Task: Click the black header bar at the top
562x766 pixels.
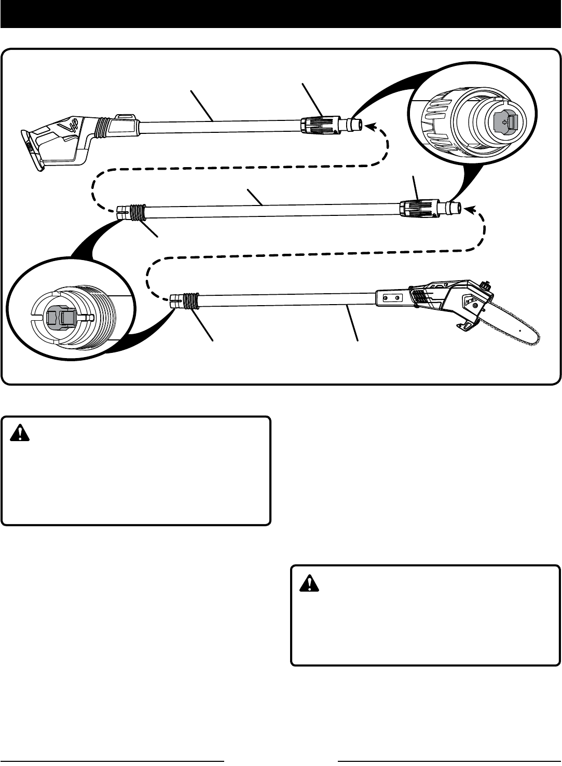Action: [x=281, y=13]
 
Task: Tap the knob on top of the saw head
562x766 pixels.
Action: [x=486, y=286]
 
